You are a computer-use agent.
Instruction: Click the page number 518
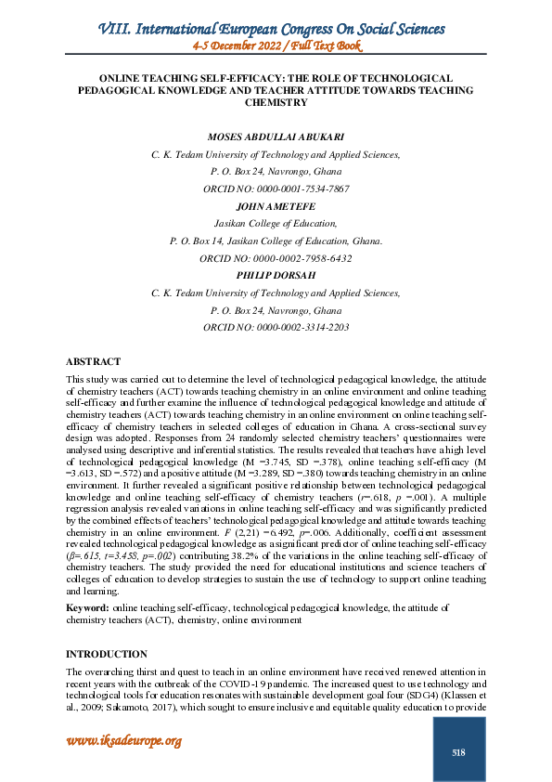point(458,752)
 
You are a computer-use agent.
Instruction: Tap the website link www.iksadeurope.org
point(122,740)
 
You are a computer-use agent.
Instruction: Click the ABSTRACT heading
point(93,361)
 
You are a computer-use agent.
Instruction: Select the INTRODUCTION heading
point(106,654)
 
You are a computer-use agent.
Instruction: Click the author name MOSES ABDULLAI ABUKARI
point(276,137)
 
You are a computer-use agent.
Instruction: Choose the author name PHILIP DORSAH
point(276,275)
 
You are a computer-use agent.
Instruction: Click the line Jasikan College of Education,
point(276,223)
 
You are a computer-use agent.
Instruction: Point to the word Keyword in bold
point(86,606)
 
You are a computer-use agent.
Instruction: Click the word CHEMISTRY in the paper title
point(276,103)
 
